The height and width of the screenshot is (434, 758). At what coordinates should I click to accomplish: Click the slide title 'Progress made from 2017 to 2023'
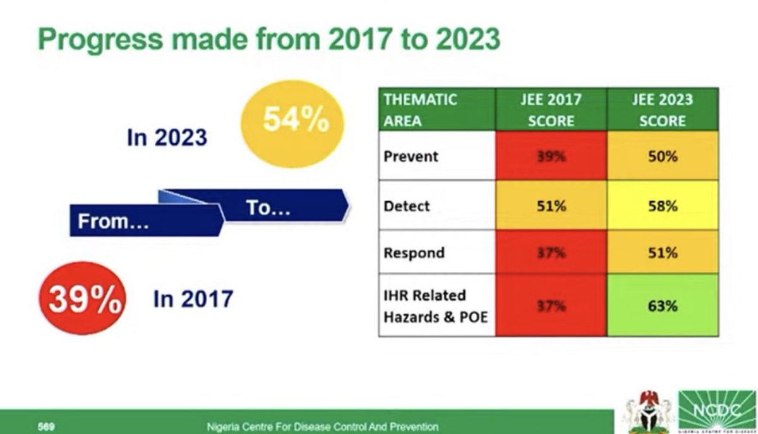pyautogui.click(x=269, y=39)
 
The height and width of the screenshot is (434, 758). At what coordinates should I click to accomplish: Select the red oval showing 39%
pyautogui.click(x=83, y=300)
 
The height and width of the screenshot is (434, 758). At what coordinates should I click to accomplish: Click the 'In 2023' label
pyautogui.click(x=167, y=138)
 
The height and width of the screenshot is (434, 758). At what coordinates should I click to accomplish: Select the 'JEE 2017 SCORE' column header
pyautogui.click(x=551, y=110)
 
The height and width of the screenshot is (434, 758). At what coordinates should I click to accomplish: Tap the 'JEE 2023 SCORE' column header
pyautogui.click(x=662, y=110)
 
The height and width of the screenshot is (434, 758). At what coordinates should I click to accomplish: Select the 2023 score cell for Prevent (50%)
pyautogui.click(x=662, y=156)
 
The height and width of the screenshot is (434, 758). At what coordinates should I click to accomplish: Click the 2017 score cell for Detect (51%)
pyautogui.click(x=551, y=206)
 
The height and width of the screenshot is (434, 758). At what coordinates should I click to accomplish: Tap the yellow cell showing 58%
pyautogui.click(x=662, y=206)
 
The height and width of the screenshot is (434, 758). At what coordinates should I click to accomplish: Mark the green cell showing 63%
pyautogui.click(x=662, y=306)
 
